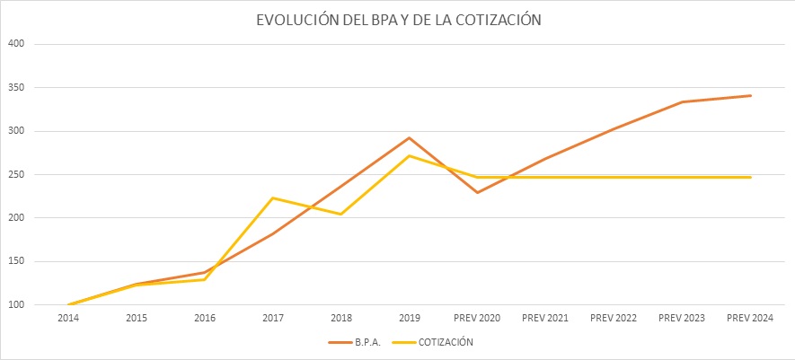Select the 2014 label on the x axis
(x=68, y=318)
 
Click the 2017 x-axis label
(x=273, y=318)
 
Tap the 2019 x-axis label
(x=410, y=318)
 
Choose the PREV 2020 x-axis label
(x=478, y=318)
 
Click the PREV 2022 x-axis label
(x=614, y=318)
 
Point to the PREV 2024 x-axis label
(x=751, y=318)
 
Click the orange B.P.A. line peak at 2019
(x=410, y=138)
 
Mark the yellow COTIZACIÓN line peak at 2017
(x=273, y=198)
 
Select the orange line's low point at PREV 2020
(x=478, y=192)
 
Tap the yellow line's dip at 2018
(x=341, y=214)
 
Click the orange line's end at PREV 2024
(x=751, y=96)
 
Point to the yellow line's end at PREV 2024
(x=751, y=177)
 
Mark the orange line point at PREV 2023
(x=683, y=102)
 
